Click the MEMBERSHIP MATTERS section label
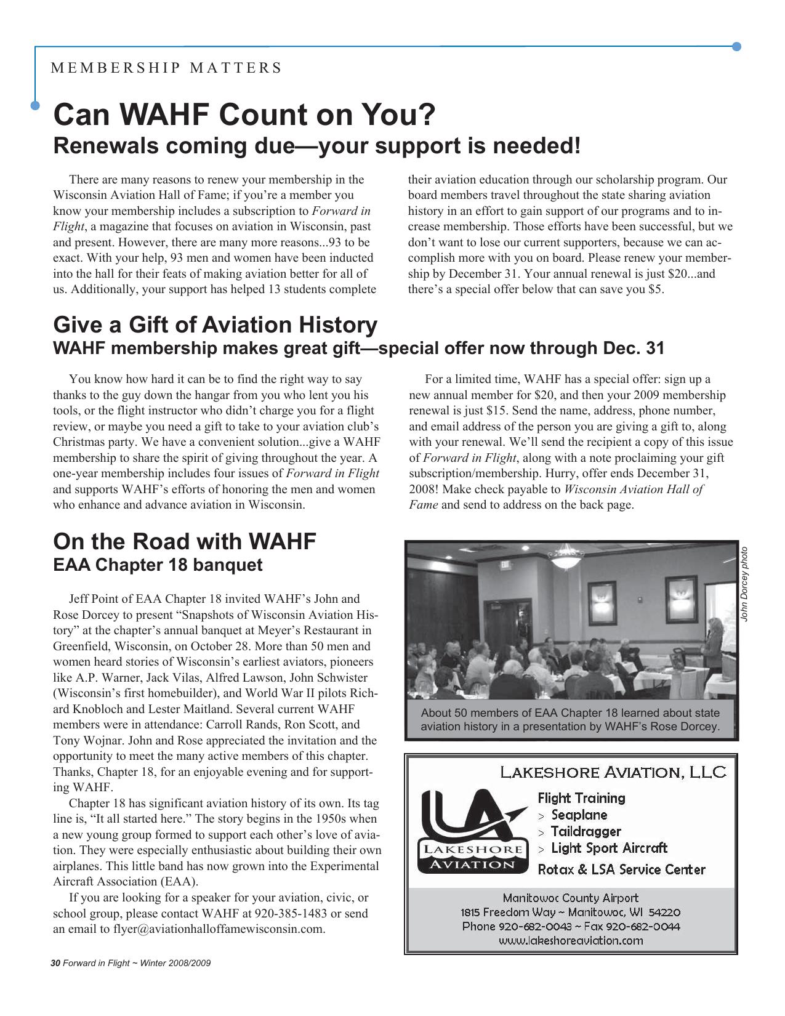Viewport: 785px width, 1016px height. point(166,68)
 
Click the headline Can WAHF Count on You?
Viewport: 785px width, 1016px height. point(244,115)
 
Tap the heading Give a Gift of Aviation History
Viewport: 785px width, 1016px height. point(215,325)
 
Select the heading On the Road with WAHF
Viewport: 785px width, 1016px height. point(184,541)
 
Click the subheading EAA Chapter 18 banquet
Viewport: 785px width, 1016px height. point(158,565)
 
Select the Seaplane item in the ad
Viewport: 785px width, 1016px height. point(579,815)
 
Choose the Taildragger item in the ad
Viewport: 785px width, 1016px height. point(585,831)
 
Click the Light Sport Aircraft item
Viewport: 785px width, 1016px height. point(608,848)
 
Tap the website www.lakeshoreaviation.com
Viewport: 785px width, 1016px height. point(570,940)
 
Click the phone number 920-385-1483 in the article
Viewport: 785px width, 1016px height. point(291,913)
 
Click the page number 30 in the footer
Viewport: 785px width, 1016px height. point(55,963)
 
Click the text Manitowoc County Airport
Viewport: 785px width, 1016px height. point(570,898)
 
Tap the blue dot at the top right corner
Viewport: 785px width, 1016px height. point(736,47)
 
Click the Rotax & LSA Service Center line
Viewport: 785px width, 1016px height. point(621,869)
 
